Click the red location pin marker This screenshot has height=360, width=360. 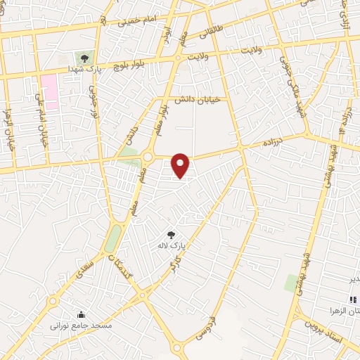181,165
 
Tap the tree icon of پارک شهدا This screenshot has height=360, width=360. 84,58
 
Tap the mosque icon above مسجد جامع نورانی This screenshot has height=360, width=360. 80,315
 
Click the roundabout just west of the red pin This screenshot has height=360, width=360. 149,156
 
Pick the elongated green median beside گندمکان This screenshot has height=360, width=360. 112,238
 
